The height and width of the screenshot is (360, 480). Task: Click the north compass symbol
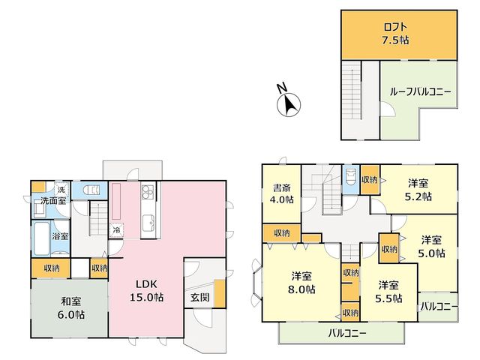289,104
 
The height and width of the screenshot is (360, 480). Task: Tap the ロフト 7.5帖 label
395,33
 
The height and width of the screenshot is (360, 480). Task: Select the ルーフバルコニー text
420,91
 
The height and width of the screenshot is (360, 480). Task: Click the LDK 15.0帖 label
147,291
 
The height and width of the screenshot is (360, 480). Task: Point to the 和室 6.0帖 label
71,308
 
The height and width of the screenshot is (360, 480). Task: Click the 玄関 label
200,297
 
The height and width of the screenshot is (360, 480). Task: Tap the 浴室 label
60,236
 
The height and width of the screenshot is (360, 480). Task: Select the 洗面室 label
53,201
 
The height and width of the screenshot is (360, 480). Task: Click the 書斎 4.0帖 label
282,193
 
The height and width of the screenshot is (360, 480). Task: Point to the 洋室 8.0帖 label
301,283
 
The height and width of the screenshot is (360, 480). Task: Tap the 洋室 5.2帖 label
418,190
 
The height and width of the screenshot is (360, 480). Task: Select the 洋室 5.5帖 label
388,292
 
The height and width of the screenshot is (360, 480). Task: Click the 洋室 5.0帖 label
431,247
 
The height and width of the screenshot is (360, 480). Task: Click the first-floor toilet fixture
91,190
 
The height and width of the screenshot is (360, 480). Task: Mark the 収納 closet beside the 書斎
282,233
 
